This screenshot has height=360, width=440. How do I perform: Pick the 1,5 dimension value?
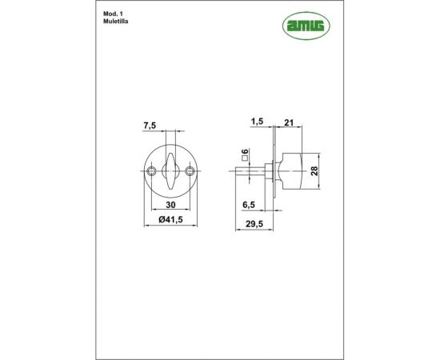coord(257,122)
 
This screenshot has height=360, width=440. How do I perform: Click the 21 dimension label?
coord(288,122)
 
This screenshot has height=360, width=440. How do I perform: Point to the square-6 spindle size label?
coord(243,153)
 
